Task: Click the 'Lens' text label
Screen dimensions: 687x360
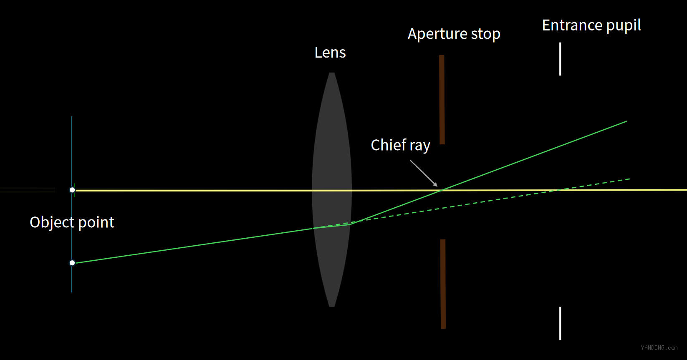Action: [330, 53]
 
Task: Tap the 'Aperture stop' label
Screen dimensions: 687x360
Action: [454, 34]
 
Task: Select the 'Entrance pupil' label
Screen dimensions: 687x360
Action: [591, 25]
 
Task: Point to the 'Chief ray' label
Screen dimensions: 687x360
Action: [401, 145]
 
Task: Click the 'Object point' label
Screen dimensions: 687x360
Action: [72, 222]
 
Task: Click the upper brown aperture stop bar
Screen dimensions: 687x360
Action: [442, 100]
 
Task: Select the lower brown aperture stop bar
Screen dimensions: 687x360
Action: [443, 284]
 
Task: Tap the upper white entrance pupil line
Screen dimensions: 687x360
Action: [560, 59]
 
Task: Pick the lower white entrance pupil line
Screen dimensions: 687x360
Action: [560, 323]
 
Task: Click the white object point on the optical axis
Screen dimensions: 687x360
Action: [72, 190]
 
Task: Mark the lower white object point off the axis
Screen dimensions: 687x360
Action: [72, 263]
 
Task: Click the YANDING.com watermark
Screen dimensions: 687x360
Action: [659, 347]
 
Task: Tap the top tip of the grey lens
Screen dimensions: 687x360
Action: [332, 73]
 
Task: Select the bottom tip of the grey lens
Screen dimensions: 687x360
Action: [332, 307]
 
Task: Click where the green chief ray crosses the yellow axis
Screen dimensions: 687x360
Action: [440, 190]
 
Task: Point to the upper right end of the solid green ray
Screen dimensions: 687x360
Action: [626, 121]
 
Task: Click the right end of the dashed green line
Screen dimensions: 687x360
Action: [629, 179]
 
